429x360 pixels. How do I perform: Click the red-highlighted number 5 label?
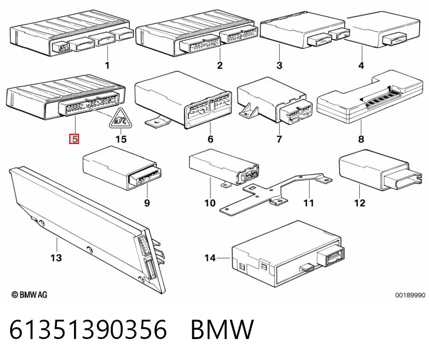[75, 139]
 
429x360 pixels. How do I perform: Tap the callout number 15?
[121, 139]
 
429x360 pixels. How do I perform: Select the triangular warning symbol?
[120, 119]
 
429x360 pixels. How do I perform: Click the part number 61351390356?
[88, 329]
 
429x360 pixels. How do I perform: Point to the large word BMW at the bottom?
[222, 329]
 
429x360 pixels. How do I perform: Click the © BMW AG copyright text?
[30, 294]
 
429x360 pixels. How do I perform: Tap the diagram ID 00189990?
[410, 295]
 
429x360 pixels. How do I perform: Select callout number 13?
[56, 257]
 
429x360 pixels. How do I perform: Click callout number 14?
[210, 258]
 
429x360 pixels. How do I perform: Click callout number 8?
[361, 139]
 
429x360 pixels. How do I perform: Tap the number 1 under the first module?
[107, 66]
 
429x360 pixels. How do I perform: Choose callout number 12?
[360, 203]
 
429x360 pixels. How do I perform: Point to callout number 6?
[210, 139]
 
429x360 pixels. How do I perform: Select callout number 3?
[279, 66]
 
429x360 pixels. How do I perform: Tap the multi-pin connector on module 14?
[331, 256]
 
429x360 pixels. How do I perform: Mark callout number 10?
[210, 203]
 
